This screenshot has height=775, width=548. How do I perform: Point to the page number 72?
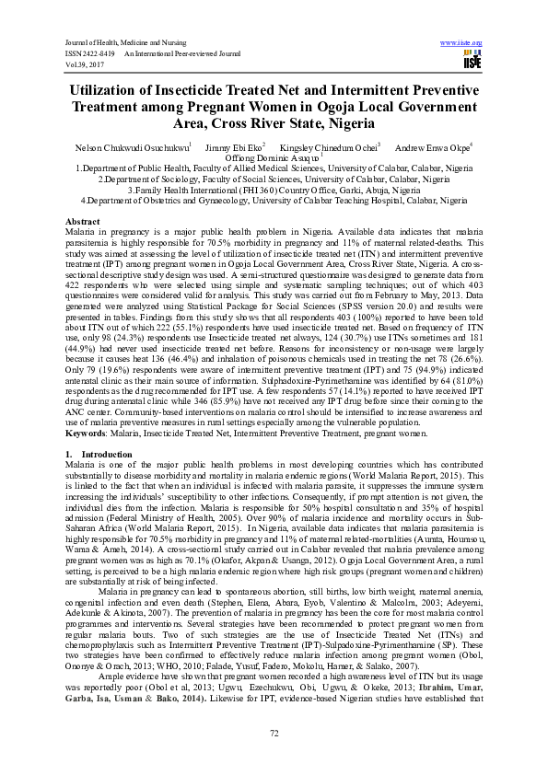[274, 733]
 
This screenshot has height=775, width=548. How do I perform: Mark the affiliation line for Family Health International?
[274, 190]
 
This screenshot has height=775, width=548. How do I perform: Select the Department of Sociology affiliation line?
[274, 179]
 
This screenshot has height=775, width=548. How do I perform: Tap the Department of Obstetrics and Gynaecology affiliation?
[274, 200]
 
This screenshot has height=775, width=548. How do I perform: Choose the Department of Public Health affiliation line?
[274, 169]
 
